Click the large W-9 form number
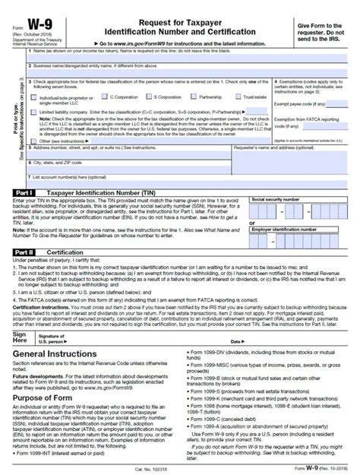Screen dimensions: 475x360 tap(35, 16)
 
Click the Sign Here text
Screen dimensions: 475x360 tap(20, 317)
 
